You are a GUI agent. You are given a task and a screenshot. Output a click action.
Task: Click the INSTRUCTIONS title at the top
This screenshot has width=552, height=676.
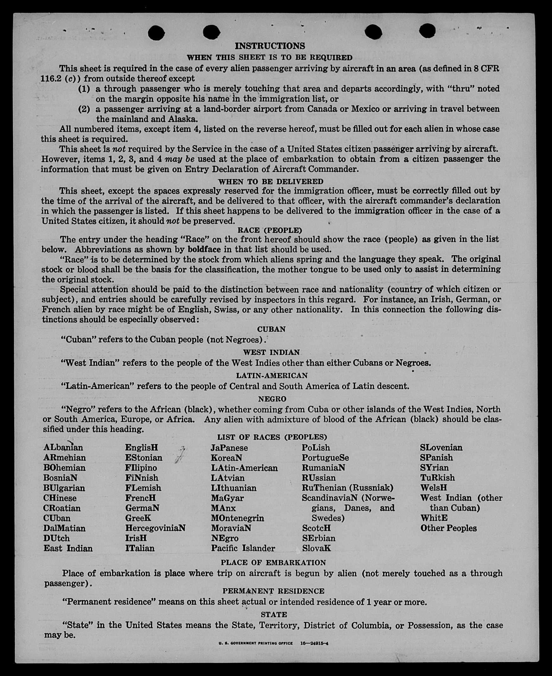pos(270,46)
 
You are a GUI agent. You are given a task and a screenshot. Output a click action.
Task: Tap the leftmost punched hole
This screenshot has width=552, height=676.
pos(156,33)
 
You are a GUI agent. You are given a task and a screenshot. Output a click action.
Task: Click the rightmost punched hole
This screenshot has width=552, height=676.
pos(427,31)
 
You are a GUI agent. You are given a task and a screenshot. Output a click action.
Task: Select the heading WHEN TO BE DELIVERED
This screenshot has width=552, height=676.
pos(270,182)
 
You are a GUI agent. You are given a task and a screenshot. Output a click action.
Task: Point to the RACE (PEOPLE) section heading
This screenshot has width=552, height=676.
pos(270,230)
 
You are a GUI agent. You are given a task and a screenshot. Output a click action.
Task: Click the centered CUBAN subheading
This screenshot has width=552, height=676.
pos(271,329)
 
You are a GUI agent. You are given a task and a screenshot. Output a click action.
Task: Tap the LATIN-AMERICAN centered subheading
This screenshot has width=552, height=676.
pos(272,375)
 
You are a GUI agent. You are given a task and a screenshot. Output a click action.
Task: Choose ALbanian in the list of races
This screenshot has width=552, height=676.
pos(63,447)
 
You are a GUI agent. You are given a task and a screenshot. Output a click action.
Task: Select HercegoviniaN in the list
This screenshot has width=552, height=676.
pos(155,528)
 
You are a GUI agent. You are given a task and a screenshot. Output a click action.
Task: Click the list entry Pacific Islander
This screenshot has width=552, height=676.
pos(243,548)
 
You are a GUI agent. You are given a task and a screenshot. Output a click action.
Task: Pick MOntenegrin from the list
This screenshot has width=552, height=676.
pos(237,518)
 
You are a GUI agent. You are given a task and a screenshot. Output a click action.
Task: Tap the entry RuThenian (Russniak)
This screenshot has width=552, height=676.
pos(347,488)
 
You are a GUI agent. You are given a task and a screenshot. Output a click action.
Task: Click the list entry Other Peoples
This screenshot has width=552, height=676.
pos(448,528)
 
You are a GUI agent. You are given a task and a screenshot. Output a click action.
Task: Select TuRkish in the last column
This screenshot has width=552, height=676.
pos(438,478)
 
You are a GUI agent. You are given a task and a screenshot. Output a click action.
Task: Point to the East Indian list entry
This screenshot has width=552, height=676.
pos(68,548)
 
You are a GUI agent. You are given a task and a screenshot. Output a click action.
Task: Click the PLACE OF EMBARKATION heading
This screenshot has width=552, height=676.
pos(273,563)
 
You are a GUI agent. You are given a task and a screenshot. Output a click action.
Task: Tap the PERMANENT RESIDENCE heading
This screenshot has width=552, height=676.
pos(273,591)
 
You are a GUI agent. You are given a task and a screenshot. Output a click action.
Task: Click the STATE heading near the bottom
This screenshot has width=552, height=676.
pos(274,615)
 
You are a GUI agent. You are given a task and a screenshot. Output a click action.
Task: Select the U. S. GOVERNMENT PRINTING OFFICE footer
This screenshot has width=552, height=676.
pos(255,643)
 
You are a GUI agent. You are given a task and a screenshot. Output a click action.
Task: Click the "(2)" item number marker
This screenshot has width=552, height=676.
pos(84,109)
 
